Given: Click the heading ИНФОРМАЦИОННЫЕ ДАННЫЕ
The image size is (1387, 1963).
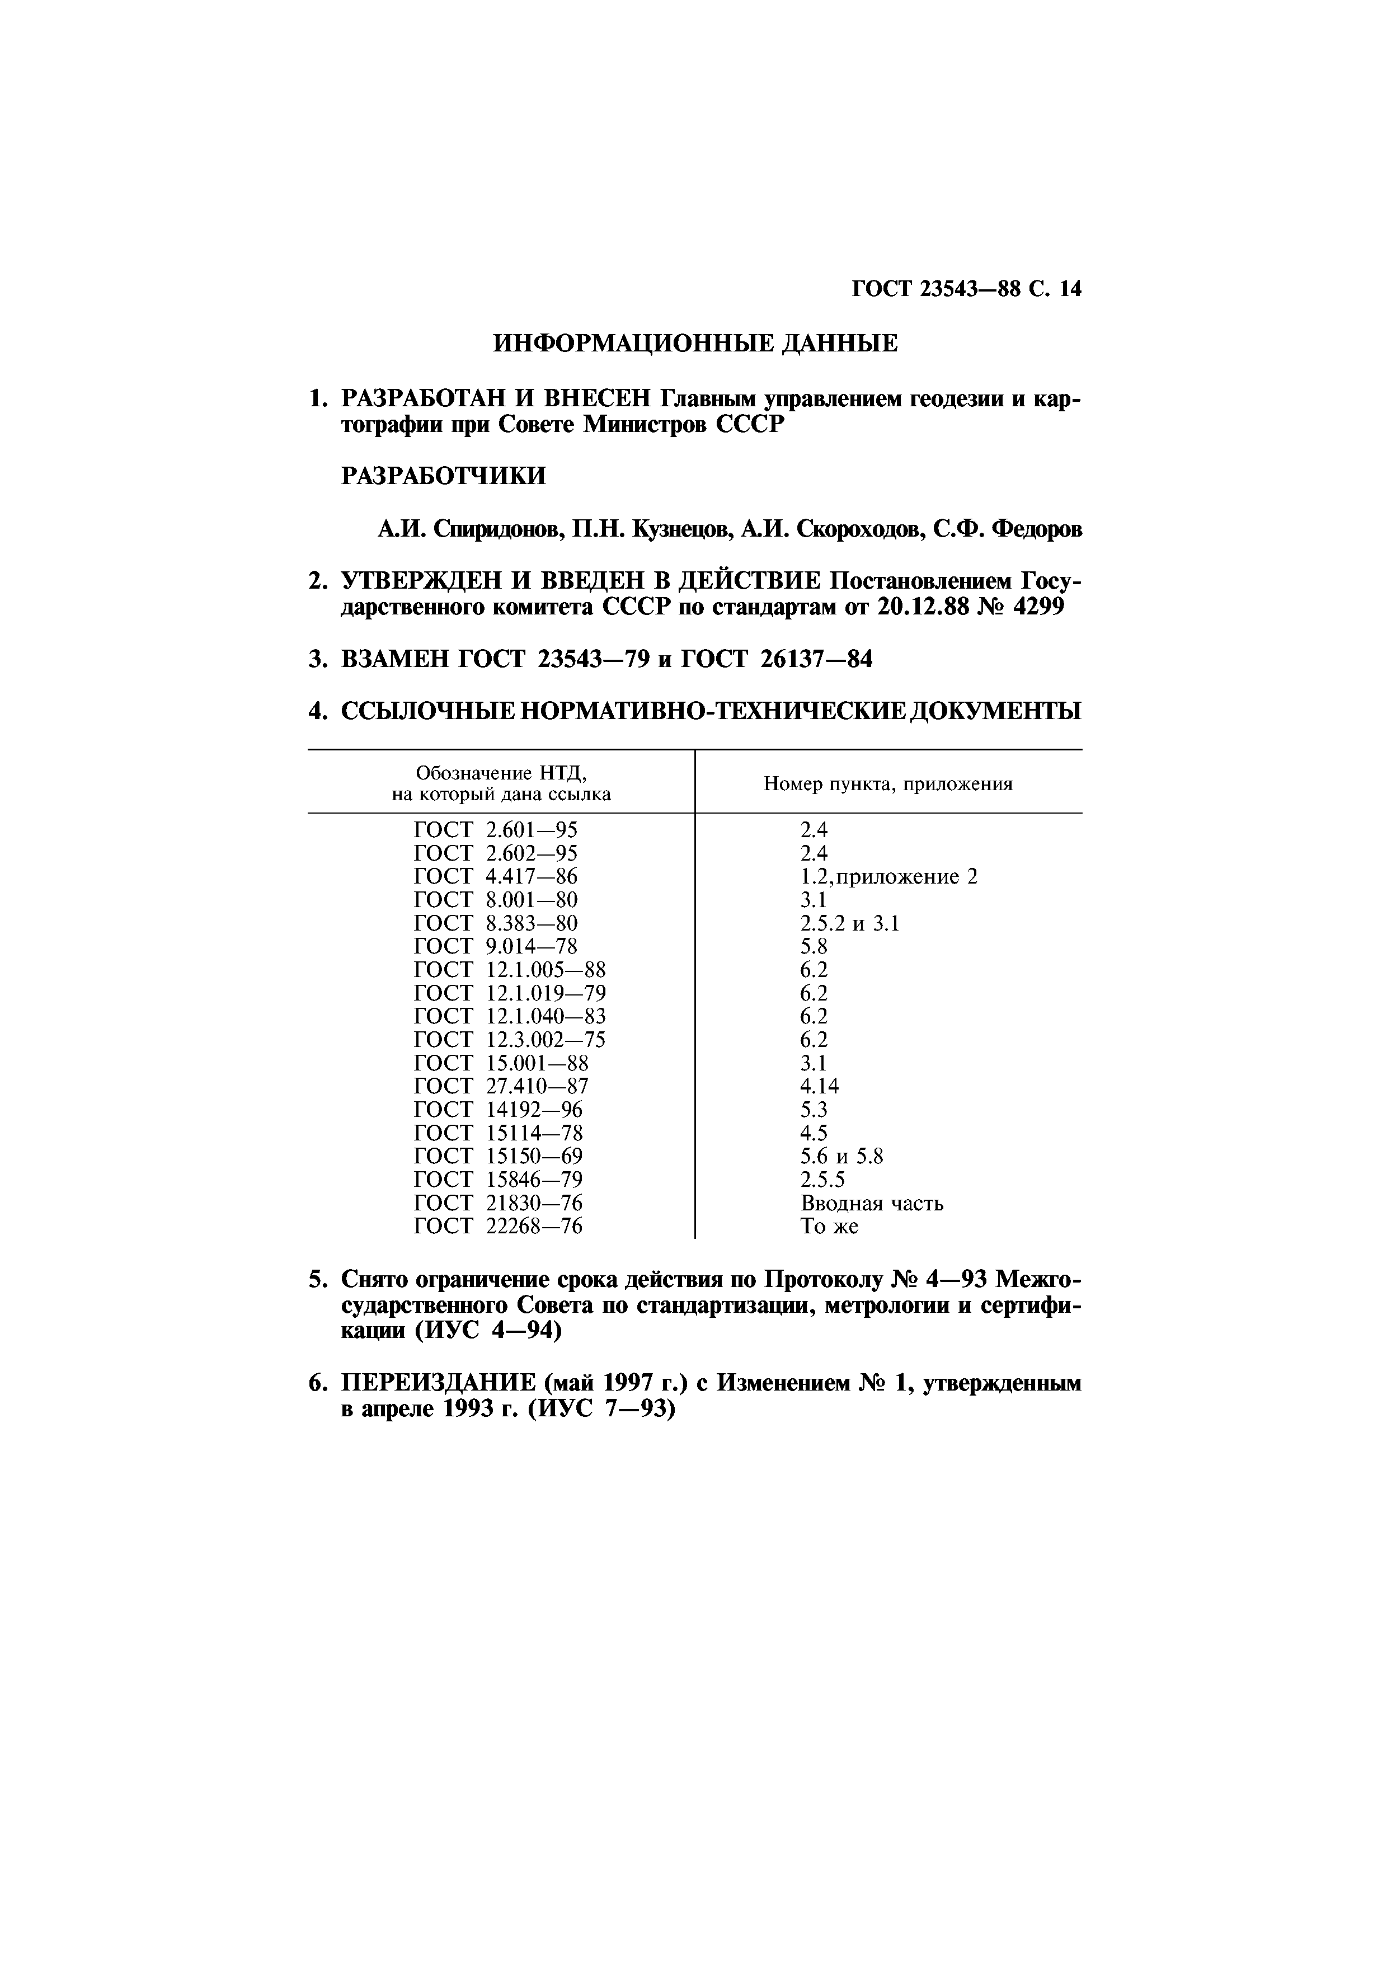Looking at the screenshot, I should tap(695, 344).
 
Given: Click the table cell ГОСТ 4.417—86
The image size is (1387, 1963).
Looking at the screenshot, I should tap(496, 876).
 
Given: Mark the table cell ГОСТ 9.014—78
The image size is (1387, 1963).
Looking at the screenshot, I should tap(496, 946).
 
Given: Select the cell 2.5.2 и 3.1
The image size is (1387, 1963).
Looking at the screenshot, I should tap(849, 923).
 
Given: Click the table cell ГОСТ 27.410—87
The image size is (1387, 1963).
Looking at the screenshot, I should tap(501, 1086).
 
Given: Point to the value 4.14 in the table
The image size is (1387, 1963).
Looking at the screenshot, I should tap(820, 1086).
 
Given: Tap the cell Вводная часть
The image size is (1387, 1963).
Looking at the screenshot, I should tap(872, 1203).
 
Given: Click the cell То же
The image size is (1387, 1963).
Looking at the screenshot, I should tap(829, 1226).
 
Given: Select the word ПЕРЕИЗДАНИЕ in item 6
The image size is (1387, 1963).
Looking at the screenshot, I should tap(438, 1383).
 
